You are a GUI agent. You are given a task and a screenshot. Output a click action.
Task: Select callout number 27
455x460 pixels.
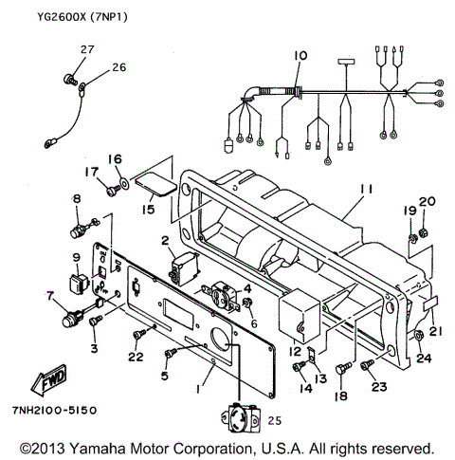87,48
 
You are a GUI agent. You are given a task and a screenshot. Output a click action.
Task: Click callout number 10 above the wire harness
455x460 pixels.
300,57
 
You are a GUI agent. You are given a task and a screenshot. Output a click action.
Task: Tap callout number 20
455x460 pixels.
426,201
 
